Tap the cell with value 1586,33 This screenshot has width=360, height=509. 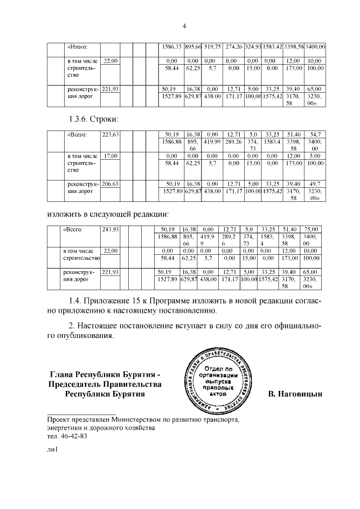(x=167, y=47)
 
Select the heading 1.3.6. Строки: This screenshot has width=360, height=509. (x=91, y=119)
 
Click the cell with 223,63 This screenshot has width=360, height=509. (x=111, y=134)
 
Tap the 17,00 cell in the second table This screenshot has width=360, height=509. (x=110, y=155)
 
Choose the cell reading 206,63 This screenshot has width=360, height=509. (x=111, y=184)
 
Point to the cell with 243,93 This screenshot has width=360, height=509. (x=111, y=229)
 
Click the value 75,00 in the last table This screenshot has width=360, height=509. (x=311, y=229)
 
